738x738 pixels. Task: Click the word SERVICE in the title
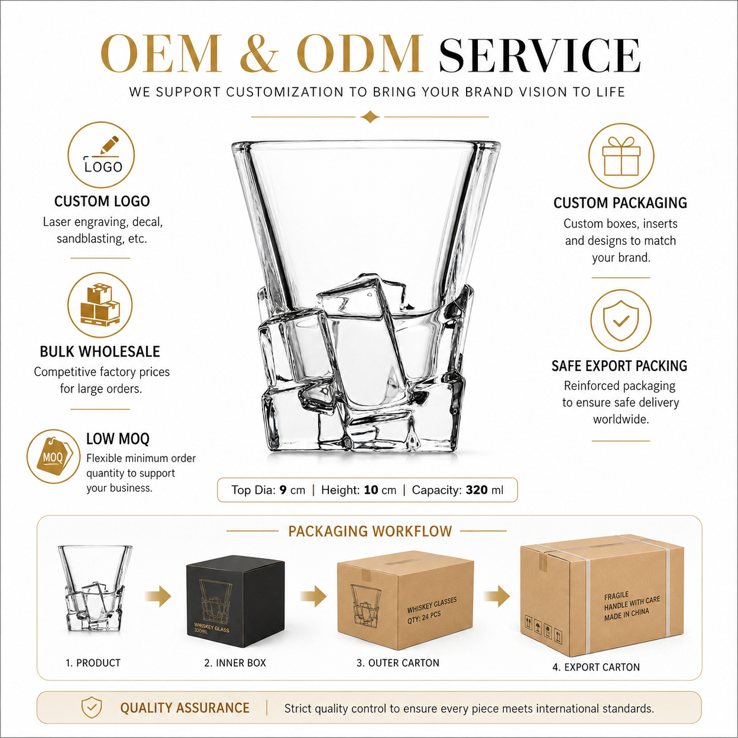[x=540, y=55]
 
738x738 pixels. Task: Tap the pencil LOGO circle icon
[x=101, y=155]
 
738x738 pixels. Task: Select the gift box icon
[x=621, y=156]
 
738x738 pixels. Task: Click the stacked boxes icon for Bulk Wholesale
[x=100, y=305]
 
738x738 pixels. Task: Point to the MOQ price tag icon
[x=53, y=456]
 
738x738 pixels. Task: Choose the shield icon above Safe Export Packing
[x=621, y=320]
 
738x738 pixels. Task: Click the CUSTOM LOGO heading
[x=102, y=201]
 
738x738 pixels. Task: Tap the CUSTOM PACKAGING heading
[x=620, y=203]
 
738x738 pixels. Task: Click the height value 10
[x=371, y=490]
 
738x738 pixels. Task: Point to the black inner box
[x=235, y=602]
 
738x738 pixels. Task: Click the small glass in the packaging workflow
[x=95, y=589]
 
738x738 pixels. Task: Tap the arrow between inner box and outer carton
[x=313, y=596]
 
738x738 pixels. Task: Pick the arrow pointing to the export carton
[x=496, y=596]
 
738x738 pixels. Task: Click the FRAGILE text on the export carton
[x=616, y=596]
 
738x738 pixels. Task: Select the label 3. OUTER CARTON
[x=398, y=663]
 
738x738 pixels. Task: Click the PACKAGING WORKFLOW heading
[x=370, y=531]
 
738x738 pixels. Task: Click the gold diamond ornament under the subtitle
[x=370, y=117]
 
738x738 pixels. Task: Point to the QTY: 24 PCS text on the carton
[x=424, y=617]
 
